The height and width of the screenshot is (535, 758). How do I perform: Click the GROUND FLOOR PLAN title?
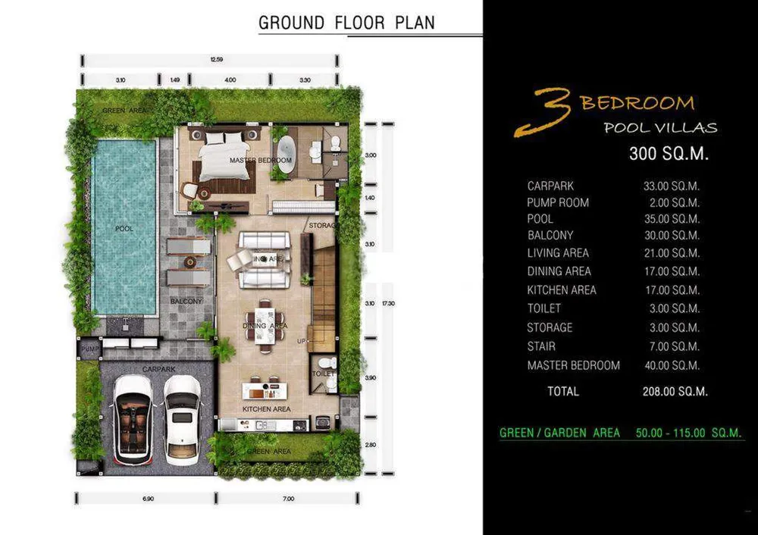click(x=346, y=23)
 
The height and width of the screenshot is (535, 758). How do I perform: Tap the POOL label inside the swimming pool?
click(x=125, y=228)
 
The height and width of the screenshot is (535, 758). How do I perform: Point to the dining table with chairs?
click(x=265, y=323)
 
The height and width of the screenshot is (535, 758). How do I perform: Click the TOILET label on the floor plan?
click(x=324, y=374)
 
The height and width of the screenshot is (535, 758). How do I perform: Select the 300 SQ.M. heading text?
click(x=669, y=154)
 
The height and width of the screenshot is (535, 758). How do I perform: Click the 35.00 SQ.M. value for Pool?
click(x=672, y=219)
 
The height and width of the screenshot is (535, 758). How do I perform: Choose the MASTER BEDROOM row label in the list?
click(x=574, y=366)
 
